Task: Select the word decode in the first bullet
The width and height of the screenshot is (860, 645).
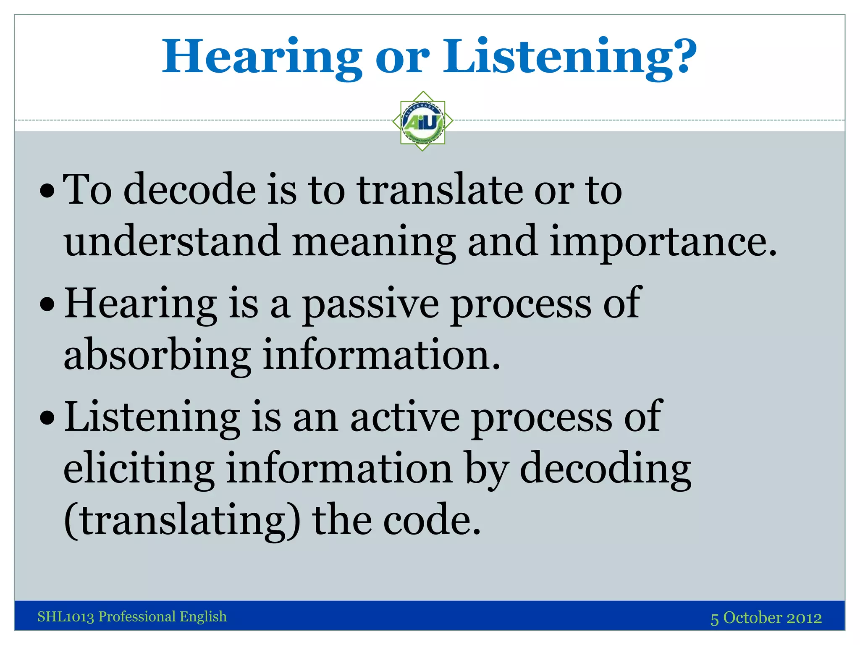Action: pyautogui.click(x=189, y=190)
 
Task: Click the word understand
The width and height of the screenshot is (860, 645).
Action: pyautogui.click(x=172, y=241)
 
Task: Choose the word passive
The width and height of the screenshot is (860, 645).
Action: pyautogui.click(x=371, y=304)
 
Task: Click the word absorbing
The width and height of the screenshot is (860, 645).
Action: pyautogui.click(x=157, y=355)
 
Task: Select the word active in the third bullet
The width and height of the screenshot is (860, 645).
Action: pyautogui.click(x=405, y=417)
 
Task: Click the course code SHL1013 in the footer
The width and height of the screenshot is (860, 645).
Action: pyautogui.click(x=66, y=616)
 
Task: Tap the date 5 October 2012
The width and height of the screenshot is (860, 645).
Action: pyautogui.click(x=766, y=618)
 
